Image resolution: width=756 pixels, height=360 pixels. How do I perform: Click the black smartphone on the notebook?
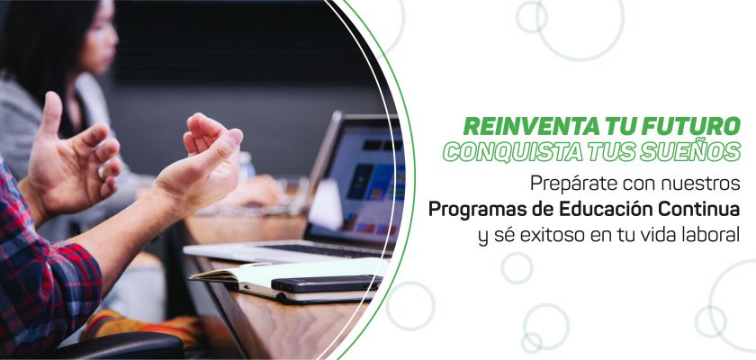coord(327,283)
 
